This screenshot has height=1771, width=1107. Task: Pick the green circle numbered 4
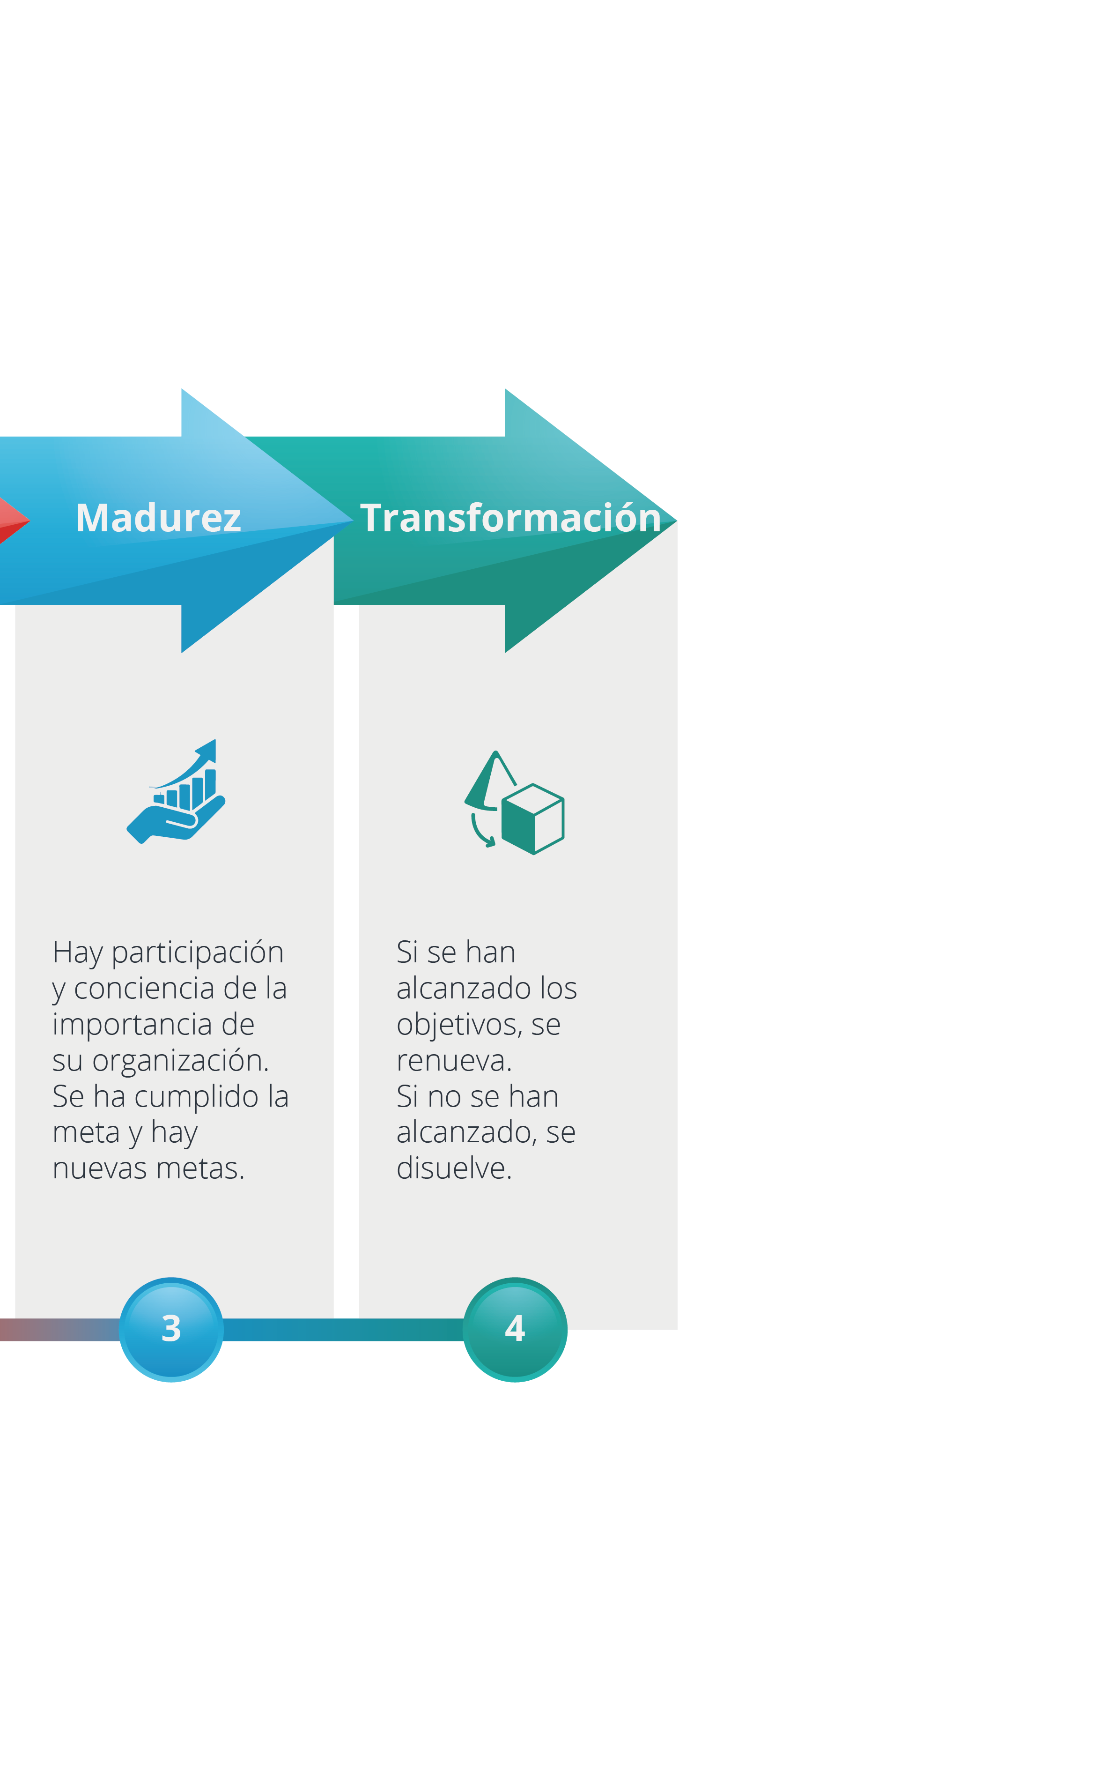515,1329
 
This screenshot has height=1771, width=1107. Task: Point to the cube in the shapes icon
533,819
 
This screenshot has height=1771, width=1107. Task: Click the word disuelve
453,1168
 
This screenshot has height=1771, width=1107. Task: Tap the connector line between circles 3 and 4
343,1329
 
